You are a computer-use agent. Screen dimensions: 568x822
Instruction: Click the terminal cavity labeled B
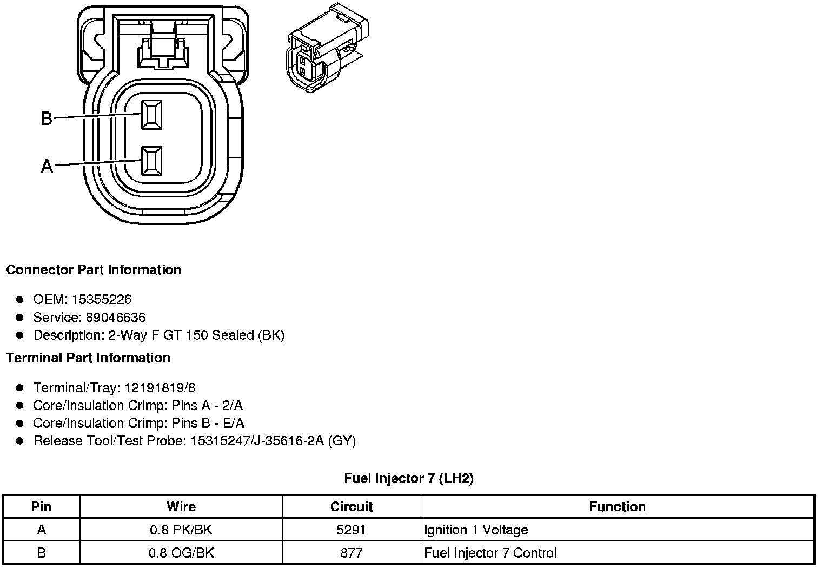coord(151,115)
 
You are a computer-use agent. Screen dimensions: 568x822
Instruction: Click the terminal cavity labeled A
coord(151,161)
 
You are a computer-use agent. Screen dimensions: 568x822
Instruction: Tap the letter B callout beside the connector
coord(47,118)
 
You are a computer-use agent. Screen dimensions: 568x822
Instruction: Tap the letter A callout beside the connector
coord(47,166)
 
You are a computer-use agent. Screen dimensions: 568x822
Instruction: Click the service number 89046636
coord(116,317)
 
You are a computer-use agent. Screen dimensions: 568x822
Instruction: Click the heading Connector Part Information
coord(94,270)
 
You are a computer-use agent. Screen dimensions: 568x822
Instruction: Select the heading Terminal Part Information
coord(88,358)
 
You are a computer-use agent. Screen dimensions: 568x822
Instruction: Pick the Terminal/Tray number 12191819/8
coord(160,388)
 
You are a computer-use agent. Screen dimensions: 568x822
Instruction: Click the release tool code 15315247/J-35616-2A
coord(257,441)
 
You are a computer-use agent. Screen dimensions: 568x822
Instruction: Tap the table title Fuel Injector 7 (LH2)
coord(409,478)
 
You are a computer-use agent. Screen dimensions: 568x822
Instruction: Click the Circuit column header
coord(352,507)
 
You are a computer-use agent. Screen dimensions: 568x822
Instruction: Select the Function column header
coord(617,507)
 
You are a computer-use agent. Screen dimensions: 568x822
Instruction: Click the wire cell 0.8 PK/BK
coord(181,530)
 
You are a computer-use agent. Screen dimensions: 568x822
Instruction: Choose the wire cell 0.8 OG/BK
coord(181,553)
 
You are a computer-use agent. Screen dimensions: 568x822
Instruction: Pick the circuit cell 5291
coord(352,530)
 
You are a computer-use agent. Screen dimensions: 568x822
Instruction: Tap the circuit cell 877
coord(352,553)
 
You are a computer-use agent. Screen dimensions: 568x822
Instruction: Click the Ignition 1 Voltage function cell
coord(476,530)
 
